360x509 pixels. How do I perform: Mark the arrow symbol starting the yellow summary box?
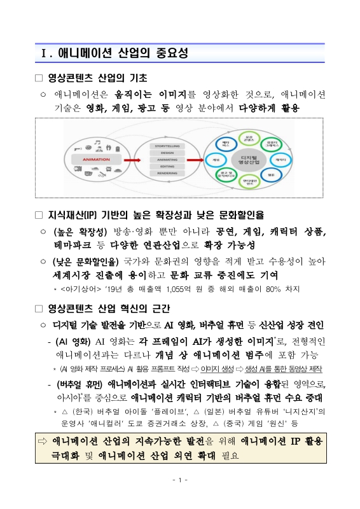pos(43,441)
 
